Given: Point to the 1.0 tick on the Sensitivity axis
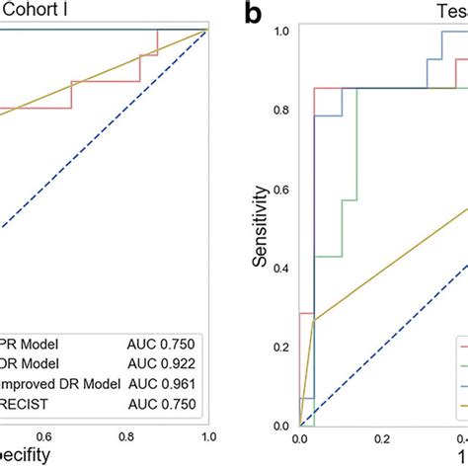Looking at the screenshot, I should [282, 31].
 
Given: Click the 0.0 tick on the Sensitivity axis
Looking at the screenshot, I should [282, 426].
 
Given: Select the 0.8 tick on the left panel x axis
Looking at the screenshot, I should [125, 435].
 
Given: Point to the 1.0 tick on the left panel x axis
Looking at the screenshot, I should [206, 435].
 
